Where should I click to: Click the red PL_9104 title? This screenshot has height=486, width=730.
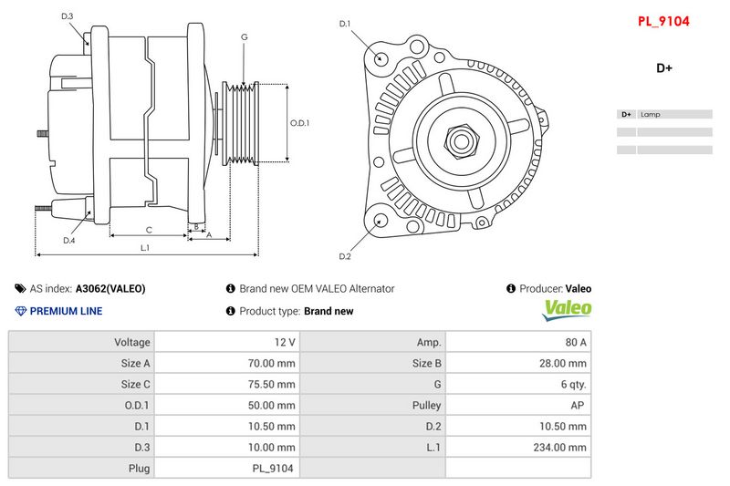(x=663, y=21)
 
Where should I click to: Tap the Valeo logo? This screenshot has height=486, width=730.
(x=567, y=310)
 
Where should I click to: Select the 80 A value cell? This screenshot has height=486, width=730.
(x=518, y=342)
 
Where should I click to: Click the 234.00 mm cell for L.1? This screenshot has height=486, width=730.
(x=518, y=448)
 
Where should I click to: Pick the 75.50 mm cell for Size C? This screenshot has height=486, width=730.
(x=227, y=384)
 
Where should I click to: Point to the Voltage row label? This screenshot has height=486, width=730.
(x=132, y=342)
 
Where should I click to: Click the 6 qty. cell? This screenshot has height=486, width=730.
(x=518, y=384)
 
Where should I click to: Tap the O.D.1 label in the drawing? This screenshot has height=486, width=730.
(x=300, y=123)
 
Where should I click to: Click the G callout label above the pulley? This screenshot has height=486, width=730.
(x=245, y=36)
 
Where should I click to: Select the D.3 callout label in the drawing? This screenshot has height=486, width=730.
(x=68, y=16)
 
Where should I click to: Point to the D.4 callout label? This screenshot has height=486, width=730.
(x=69, y=241)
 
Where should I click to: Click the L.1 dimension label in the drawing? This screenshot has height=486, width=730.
(x=145, y=248)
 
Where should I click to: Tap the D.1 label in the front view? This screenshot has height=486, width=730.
(x=345, y=24)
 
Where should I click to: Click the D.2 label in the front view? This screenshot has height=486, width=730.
(x=345, y=256)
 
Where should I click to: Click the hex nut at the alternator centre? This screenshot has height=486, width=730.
(x=462, y=142)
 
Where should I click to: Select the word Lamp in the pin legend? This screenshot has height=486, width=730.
(x=650, y=114)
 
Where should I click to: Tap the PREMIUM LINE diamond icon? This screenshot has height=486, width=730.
(x=20, y=311)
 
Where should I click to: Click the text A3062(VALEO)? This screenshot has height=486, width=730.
(x=110, y=289)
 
